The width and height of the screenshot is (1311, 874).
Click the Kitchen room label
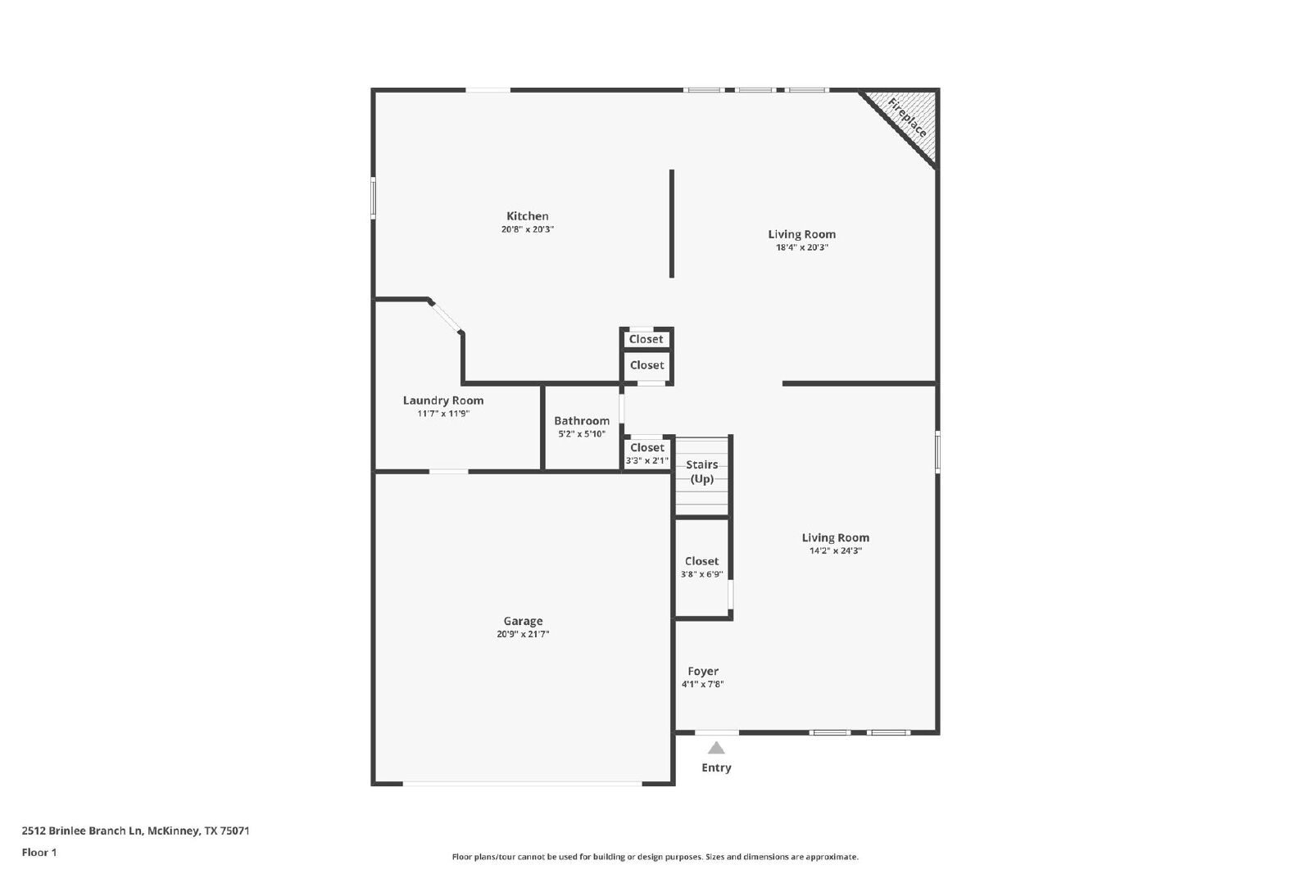click(x=528, y=216)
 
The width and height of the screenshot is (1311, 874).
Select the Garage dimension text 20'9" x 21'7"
click(x=523, y=634)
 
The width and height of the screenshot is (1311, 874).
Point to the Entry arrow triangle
click(x=716, y=748)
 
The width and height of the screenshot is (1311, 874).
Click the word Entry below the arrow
click(x=716, y=768)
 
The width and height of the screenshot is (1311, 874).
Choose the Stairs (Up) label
click(x=701, y=472)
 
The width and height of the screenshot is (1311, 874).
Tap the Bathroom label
click(x=582, y=421)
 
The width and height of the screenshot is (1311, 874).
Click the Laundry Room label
click(x=443, y=401)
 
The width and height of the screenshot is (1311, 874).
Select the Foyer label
click(x=703, y=671)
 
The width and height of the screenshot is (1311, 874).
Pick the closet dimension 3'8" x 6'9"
click(x=701, y=574)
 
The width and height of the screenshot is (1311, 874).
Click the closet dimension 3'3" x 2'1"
click(x=646, y=460)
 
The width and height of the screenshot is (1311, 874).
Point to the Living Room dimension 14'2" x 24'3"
click(x=835, y=550)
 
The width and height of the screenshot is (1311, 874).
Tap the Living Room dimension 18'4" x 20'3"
click(x=802, y=247)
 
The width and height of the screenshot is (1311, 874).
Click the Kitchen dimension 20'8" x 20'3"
click(x=528, y=229)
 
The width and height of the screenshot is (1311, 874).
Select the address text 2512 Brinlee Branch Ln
click(x=82, y=831)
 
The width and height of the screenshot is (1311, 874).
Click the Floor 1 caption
click(x=39, y=853)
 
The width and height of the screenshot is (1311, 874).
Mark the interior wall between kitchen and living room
click(x=672, y=224)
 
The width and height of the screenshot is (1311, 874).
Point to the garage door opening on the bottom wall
click(x=523, y=783)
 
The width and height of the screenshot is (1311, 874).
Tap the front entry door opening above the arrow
click(x=716, y=731)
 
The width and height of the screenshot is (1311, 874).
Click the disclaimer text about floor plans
click(x=655, y=857)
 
